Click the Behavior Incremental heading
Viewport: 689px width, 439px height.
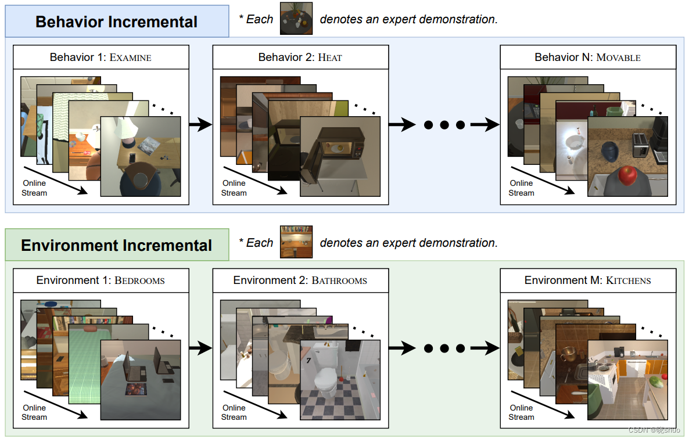pos(116,22)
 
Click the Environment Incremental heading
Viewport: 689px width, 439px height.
pos(116,245)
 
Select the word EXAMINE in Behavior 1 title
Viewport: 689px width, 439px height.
pos(131,57)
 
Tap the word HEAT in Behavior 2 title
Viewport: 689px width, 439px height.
pos(330,57)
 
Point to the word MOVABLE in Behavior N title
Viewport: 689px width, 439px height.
pos(618,57)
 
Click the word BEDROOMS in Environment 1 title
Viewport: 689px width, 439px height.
pos(139,280)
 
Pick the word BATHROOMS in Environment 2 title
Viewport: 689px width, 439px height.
pos(339,280)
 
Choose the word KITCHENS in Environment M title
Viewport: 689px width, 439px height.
pos(629,280)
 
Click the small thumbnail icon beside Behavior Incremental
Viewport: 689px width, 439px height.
pos(296,19)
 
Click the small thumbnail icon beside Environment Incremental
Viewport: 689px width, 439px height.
pos(296,242)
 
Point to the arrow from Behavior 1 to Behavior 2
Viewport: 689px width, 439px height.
pos(200,124)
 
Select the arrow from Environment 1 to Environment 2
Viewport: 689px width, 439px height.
pos(200,348)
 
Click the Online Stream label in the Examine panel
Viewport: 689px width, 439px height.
pos(34,188)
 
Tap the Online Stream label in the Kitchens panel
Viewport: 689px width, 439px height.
pos(521,412)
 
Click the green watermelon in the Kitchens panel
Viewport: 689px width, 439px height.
pos(656,382)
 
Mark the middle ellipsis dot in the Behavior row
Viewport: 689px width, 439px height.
pos(444,125)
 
